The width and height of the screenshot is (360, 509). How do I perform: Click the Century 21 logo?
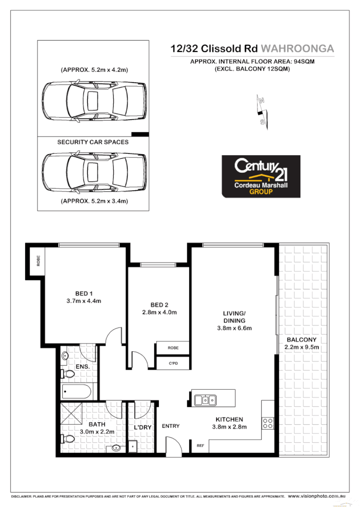[261, 176]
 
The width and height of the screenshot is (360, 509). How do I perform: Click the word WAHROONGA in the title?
[298, 49]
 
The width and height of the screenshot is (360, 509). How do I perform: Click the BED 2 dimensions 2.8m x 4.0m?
[159, 312]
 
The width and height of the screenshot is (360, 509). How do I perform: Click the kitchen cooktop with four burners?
[268, 423]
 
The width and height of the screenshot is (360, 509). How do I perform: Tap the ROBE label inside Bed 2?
[173, 348]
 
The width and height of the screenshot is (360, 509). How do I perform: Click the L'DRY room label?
[142, 427]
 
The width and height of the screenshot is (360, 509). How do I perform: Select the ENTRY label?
[170, 426]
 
